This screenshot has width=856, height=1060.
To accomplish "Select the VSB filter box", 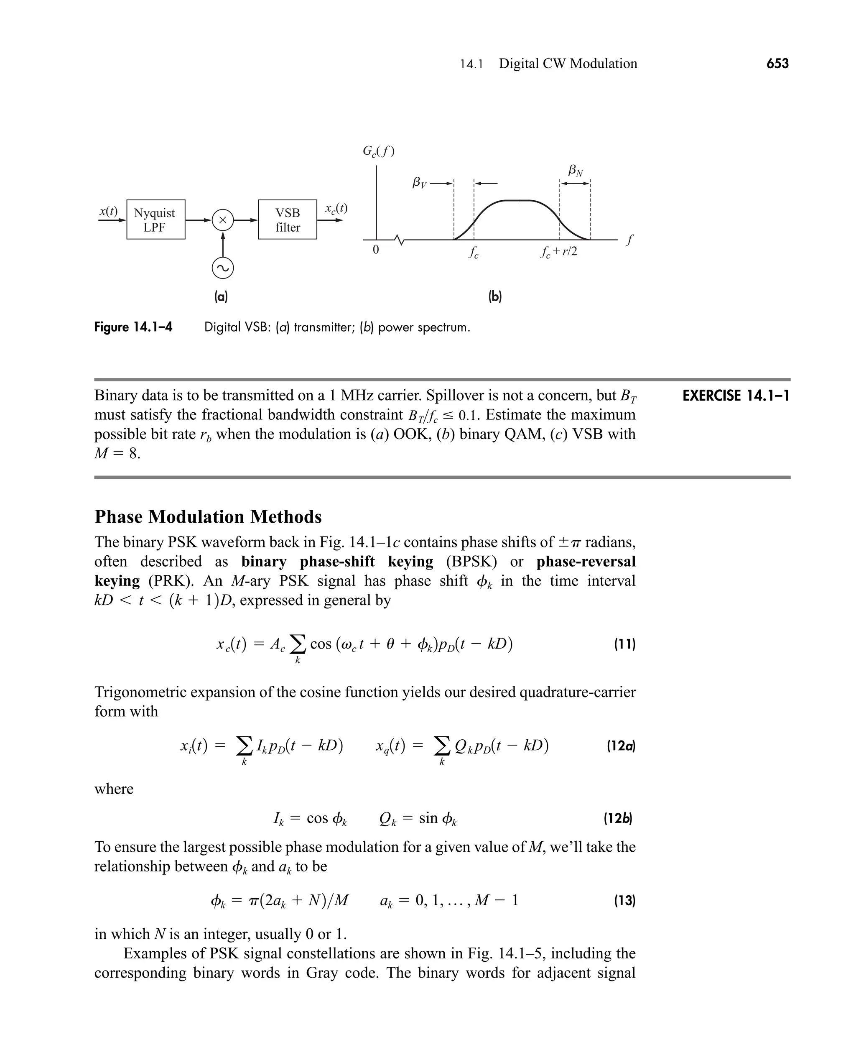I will tap(288, 220).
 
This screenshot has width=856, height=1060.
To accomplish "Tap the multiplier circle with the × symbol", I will tap(222, 220).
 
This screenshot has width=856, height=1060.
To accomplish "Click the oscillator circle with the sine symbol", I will tap(222, 268).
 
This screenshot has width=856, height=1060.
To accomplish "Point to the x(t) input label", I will tap(108, 211).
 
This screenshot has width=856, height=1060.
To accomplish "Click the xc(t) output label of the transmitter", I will tap(336, 208).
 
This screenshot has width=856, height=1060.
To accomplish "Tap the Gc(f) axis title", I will tap(378, 151).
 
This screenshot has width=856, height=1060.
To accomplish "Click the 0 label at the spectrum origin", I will tap(376, 250).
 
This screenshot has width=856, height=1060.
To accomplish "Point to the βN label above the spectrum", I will tap(575, 171).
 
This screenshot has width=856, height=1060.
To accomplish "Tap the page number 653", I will tap(777, 63).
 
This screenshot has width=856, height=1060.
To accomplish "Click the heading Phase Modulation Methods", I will tap(208, 516).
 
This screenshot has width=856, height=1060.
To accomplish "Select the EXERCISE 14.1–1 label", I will tap(735, 396).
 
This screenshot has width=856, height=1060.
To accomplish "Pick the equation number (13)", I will tap(624, 901).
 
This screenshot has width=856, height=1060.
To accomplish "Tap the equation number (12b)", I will tap(618, 819).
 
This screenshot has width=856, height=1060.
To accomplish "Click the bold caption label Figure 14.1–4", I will tap(133, 327).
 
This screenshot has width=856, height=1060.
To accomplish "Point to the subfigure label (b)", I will tap(494, 296).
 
